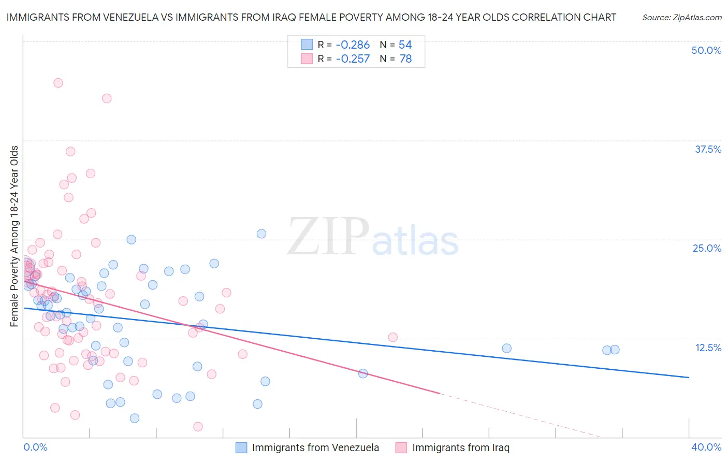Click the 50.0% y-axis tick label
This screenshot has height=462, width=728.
tap(706, 50)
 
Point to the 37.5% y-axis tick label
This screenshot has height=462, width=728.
tap(708, 149)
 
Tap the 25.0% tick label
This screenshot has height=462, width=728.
tap(707, 248)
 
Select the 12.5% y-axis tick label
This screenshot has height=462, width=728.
tap(708, 348)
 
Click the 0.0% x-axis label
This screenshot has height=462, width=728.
tap(35, 447)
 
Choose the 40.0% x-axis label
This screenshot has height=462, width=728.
tap(706, 447)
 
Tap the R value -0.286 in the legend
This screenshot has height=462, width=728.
tap(353, 45)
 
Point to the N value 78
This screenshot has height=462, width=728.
tap(405, 59)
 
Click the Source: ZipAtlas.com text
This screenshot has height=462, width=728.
tap(681, 18)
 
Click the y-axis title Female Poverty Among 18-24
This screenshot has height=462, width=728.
tap(14, 236)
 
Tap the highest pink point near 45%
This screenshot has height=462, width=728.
tap(58, 83)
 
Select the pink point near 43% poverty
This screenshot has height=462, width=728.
tap(107, 98)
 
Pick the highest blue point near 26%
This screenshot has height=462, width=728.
tap(261, 234)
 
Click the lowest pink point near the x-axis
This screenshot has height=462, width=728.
tap(198, 427)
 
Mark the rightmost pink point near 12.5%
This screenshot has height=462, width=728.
tap(393, 337)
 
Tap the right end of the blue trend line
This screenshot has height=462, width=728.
tap(689, 378)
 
